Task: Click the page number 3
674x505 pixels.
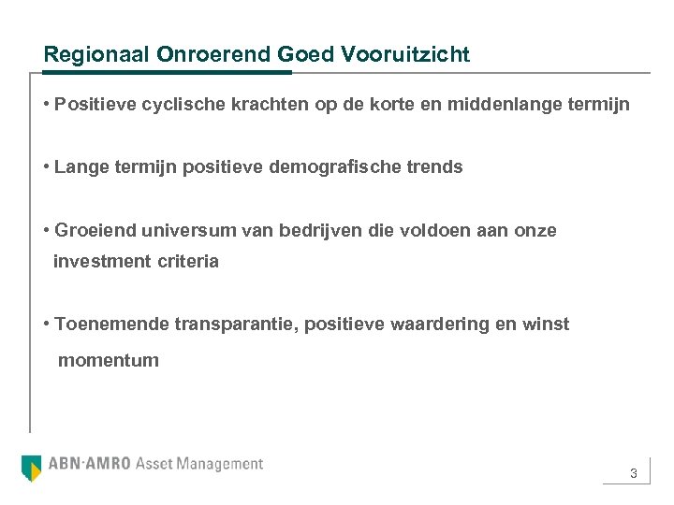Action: [634, 474]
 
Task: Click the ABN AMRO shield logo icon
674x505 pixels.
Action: [32, 467]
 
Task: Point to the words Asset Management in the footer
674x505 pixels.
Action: [199, 464]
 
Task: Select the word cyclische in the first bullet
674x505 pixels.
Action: [181, 105]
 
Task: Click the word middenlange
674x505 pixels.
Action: [509, 105]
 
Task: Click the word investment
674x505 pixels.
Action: [100, 262]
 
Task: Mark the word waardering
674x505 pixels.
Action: [427, 325]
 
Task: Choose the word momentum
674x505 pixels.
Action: [109, 360]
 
